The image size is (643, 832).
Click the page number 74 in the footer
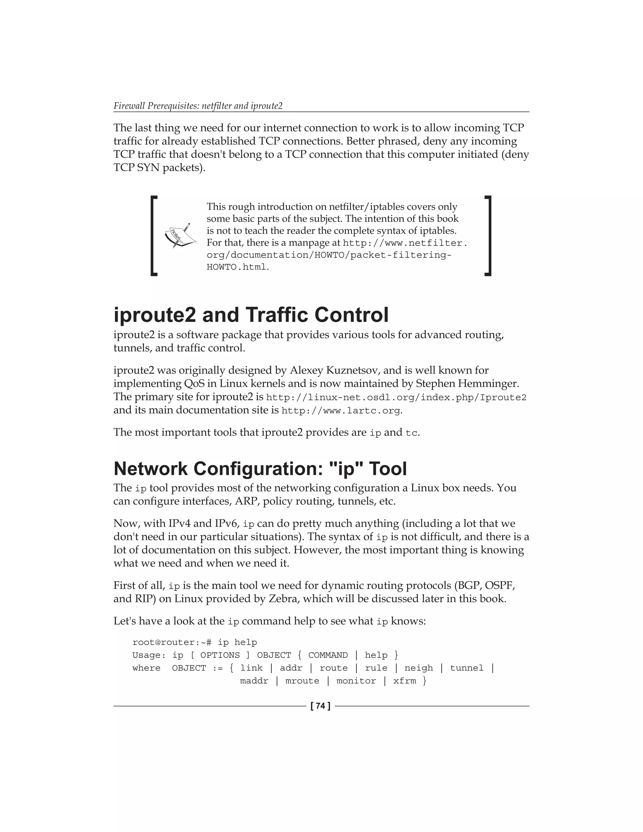point(321,706)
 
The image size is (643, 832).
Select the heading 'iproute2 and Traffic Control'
point(251,315)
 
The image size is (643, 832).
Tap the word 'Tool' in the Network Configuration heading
point(387,468)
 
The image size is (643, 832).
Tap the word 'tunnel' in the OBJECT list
point(466,668)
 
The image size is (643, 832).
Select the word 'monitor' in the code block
point(356,681)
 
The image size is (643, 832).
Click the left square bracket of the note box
point(154,235)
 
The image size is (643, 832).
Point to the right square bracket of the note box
point(488,235)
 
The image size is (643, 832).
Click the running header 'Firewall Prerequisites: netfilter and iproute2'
point(198,106)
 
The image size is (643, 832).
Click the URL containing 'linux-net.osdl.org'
point(396,398)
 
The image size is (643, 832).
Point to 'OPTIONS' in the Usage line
point(220,655)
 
